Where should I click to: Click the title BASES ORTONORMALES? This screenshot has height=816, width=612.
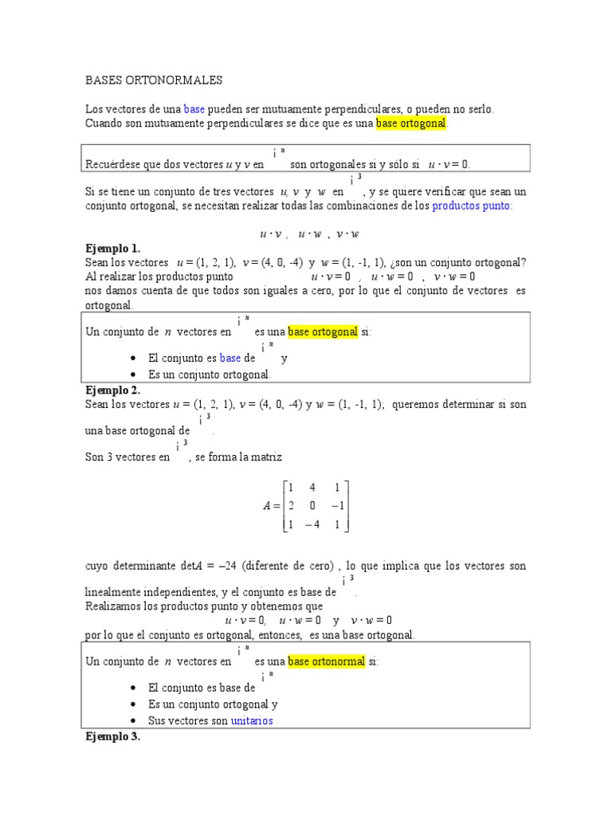click(154, 80)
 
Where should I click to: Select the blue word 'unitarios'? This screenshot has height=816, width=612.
click(252, 720)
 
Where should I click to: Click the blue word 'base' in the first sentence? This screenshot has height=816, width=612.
click(194, 108)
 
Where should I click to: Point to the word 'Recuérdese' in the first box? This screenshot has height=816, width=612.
click(112, 164)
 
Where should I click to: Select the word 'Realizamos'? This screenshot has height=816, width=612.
click(113, 606)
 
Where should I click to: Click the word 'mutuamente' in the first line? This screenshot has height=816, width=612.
click(259, 108)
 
